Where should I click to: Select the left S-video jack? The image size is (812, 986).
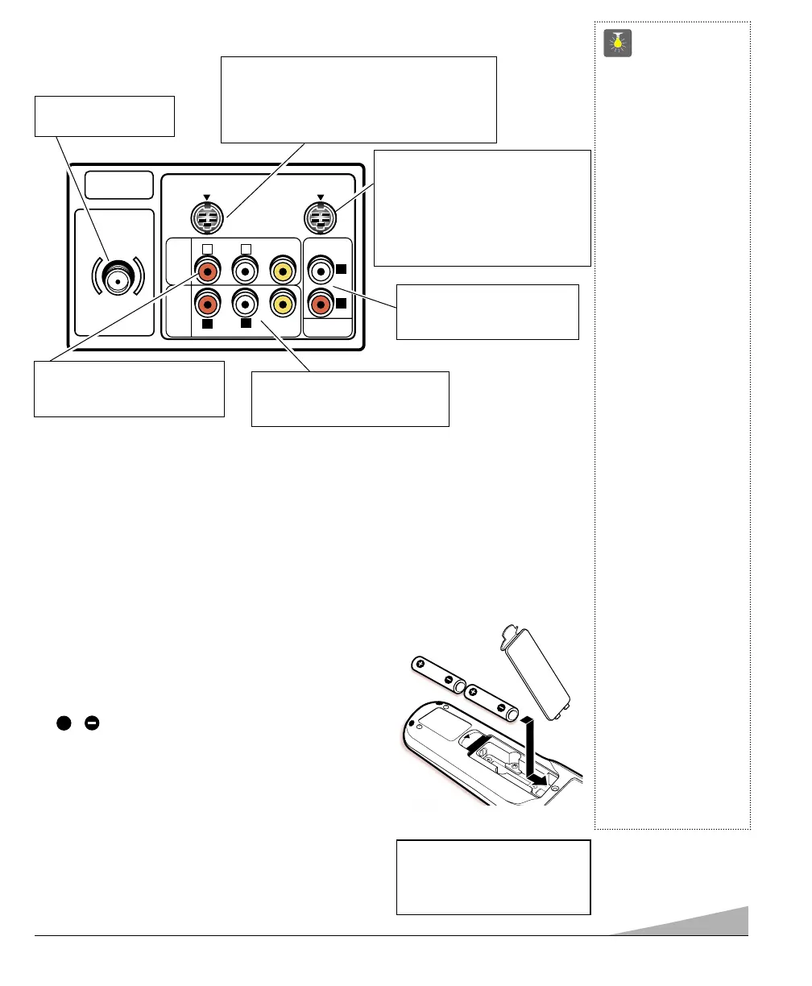pyautogui.click(x=207, y=217)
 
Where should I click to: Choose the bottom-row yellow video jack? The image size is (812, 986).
pyautogui.click(x=283, y=303)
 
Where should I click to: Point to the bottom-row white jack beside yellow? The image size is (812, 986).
pyautogui.click(x=245, y=303)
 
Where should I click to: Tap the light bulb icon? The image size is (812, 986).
pyautogui.click(x=619, y=43)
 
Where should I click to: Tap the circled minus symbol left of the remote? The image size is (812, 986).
pyautogui.click(x=92, y=723)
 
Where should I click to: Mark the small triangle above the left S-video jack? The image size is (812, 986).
pyautogui.click(x=207, y=196)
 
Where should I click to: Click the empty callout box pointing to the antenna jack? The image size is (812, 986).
pyautogui.click(x=104, y=116)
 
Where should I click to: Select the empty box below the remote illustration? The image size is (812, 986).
pyautogui.click(x=494, y=877)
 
